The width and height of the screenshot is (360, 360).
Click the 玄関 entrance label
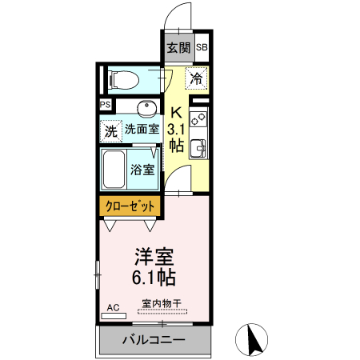point(178,47)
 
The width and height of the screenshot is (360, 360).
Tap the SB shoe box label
point(201,47)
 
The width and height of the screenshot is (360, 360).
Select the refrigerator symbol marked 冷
point(197,78)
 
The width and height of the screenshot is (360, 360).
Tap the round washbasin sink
point(145,107)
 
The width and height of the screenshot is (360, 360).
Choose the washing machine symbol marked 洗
point(110,130)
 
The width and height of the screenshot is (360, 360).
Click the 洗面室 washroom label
point(141,128)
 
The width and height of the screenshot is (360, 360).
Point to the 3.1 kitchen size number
point(177,129)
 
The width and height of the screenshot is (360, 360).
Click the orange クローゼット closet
point(132,206)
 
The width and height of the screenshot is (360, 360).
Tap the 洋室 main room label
point(154,258)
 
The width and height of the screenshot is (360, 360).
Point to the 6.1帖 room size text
point(154,278)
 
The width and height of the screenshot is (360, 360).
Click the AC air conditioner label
point(112,307)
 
